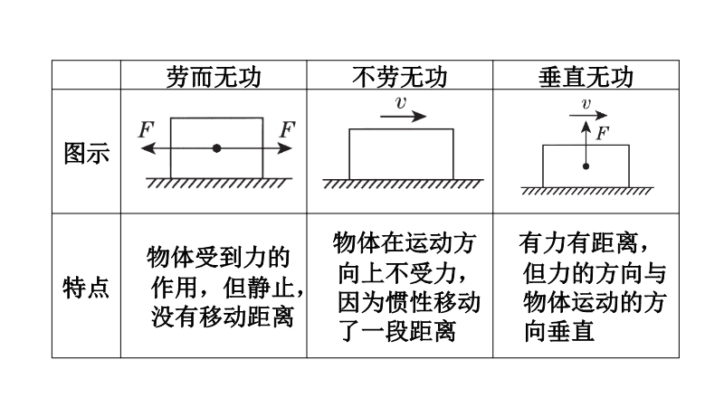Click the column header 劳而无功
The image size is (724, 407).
[214, 77]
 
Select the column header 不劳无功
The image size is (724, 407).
[400, 77]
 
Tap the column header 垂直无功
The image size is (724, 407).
[586, 77]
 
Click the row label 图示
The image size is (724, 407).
[86, 153]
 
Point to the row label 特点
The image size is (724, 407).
[86, 288]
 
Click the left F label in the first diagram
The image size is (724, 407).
[146, 129]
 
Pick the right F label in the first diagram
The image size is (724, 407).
[287, 129]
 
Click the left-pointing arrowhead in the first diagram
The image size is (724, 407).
[148, 148]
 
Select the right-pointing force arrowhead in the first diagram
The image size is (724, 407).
[285, 148]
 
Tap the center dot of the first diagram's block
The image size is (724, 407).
[216, 148]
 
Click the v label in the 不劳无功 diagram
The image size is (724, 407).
[401, 102]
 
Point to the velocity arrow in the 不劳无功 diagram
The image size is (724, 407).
[403, 117]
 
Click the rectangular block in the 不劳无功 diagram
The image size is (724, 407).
[401, 154]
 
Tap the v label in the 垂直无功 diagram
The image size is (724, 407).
[586, 103]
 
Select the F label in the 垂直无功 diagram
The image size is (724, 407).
[603, 133]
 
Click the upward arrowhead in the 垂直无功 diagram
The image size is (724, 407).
[586, 127]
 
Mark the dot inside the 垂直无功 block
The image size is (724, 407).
[586, 166]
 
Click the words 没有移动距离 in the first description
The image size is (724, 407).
[223, 317]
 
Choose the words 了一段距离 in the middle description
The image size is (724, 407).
[398, 331]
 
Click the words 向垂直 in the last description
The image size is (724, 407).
[558, 331]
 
